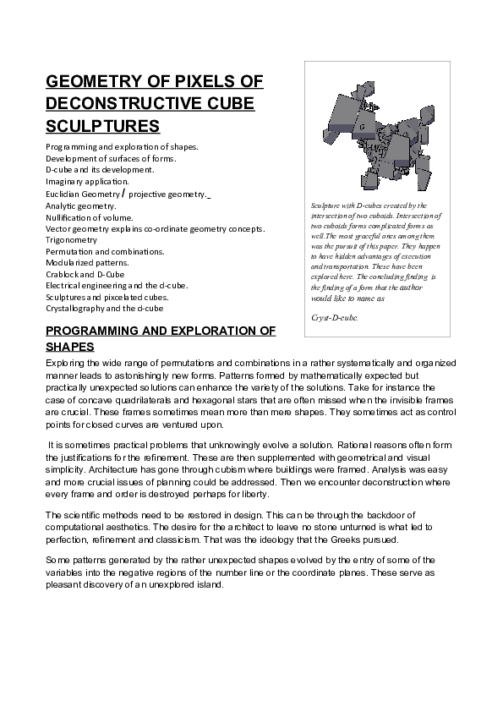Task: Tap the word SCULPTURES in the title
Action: tap(102, 126)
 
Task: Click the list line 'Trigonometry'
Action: tap(72, 240)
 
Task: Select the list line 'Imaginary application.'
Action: tap(87, 181)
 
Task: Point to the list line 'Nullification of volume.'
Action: tap(93, 217)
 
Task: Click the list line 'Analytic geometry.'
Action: tap(81, 205)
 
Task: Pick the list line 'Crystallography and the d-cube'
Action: tap(104, 309)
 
